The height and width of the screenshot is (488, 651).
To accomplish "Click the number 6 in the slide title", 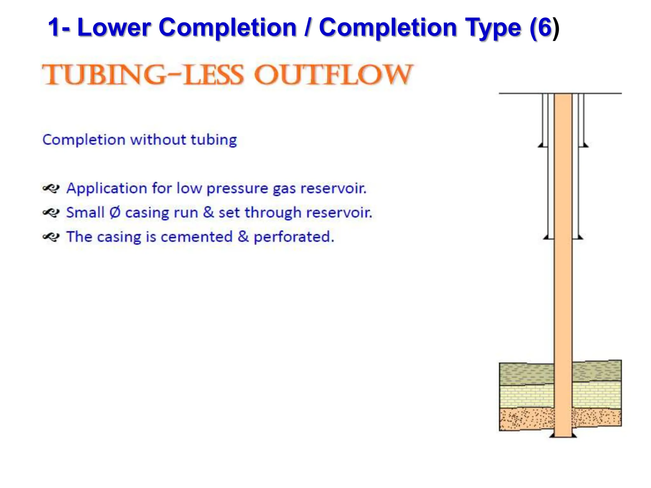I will [x=544, y=28].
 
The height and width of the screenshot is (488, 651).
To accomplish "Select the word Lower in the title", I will [x=114, y=28].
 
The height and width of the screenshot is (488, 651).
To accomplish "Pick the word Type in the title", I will [x=493, y=28].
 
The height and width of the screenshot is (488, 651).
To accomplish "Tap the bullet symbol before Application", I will [x=51, y=188].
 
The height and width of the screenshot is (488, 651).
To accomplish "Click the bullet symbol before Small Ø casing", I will [x=51, y=213].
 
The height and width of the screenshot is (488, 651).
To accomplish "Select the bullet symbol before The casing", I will [x=51, y=237].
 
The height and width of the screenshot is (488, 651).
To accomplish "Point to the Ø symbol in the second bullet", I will [x=115, y=213].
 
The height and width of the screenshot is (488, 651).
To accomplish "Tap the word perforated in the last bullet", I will [x=294, y=237].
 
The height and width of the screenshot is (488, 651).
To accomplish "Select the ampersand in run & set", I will [x=208, y=213].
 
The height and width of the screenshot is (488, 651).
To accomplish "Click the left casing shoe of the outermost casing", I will [x=541, y=145].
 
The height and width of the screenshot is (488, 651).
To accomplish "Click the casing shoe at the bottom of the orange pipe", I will [x=563, y=436].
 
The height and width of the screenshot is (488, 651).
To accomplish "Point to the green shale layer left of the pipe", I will [x=526, y=374].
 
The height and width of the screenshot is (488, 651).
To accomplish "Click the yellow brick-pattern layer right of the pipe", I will [x=596, y=395].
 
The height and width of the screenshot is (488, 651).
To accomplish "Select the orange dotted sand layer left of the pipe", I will [x=526, y=419].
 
